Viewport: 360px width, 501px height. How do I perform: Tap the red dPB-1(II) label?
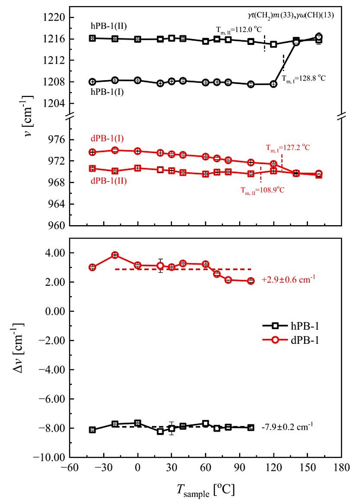click(109, 181)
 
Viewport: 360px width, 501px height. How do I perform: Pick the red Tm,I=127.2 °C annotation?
click(288, 148)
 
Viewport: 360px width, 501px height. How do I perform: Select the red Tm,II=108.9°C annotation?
click(262, 189)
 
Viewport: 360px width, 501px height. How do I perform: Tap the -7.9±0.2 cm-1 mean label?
click(287, 427)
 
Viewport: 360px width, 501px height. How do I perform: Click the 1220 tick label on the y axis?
click(54, 18)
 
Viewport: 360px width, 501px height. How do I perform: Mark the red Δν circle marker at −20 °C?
click(115, 255)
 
